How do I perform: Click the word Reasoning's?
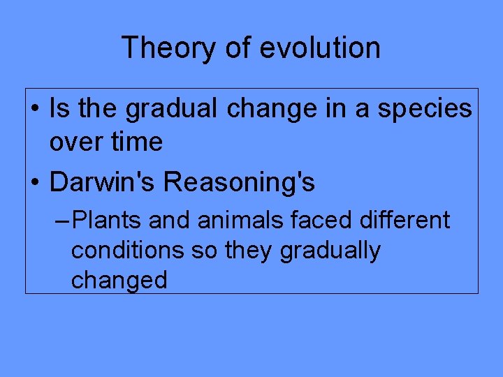click(x=239, y=183)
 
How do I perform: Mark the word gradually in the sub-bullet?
click(x=330, y=250)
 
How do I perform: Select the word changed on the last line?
click(x=119, y=280)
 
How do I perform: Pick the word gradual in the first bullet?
click(x=166, y=109)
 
